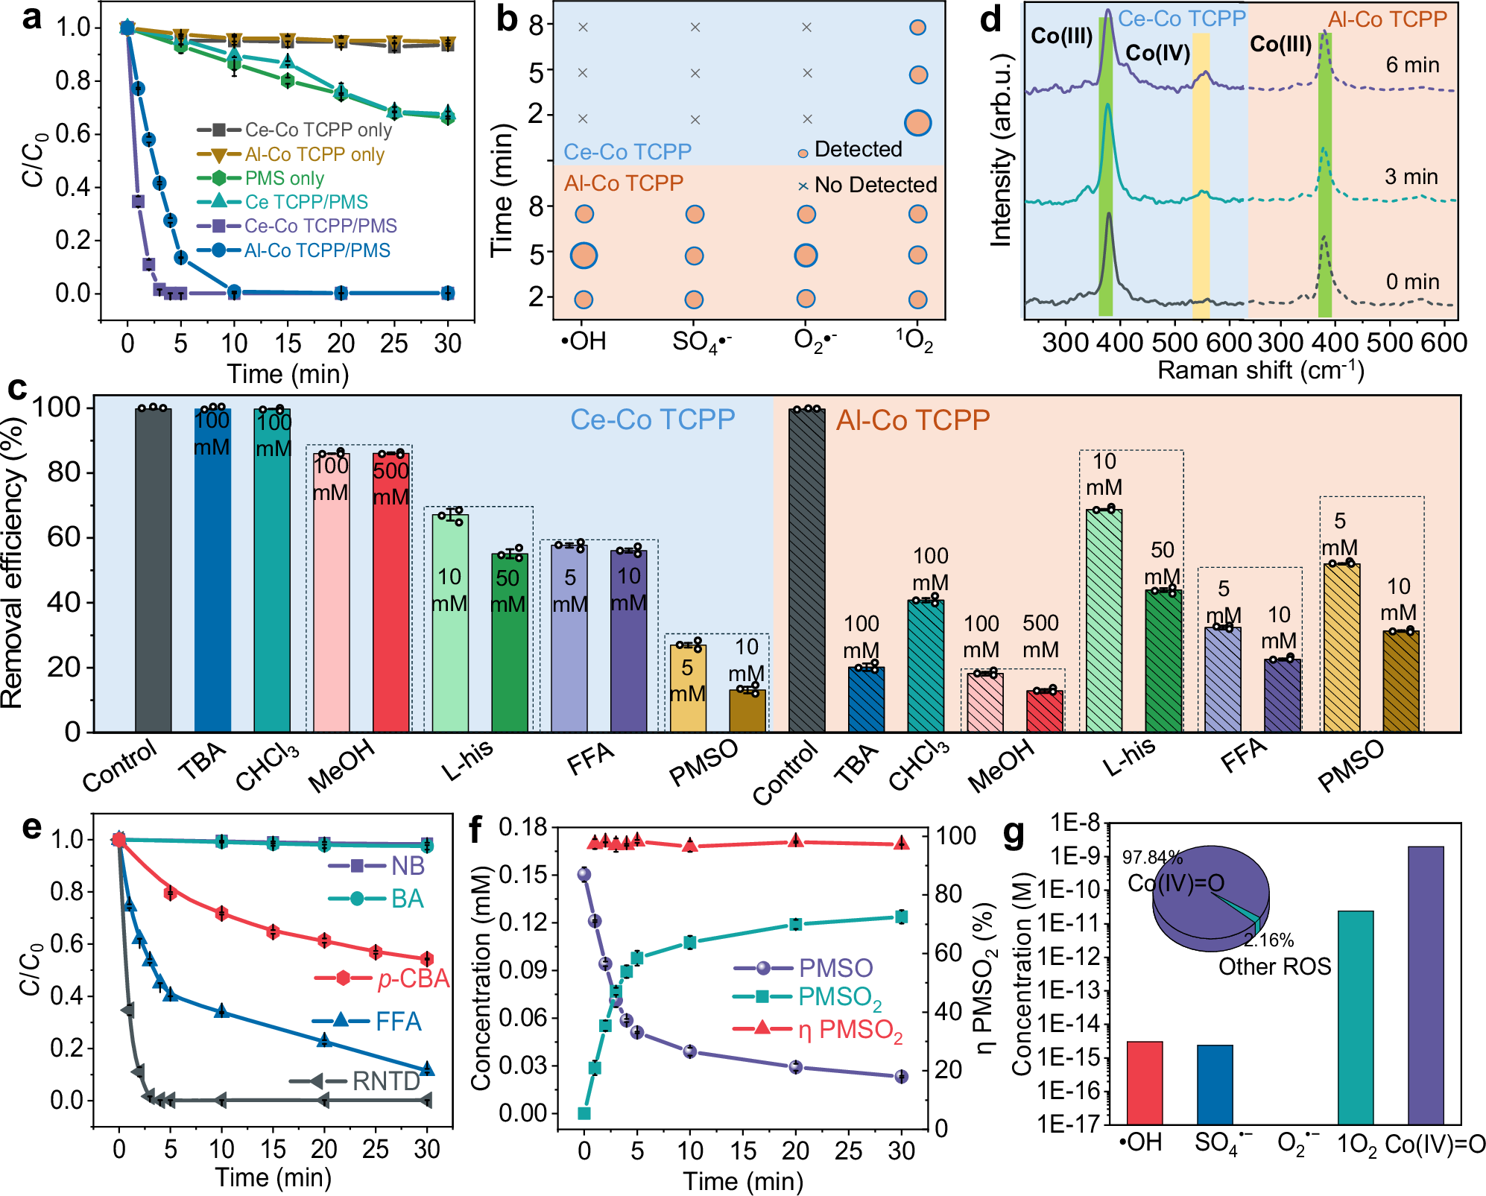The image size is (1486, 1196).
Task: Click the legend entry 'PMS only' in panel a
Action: click(x=284, y=179)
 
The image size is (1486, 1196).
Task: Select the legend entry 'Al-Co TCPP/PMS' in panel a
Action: click(x=317, y=250)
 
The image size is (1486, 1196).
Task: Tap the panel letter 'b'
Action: click(x=507, y=19)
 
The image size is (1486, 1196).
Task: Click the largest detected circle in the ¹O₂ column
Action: click(x=917, y=123)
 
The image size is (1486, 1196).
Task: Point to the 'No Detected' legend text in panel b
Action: click(x=875, y=185)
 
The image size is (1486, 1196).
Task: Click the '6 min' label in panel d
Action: click(x=1412, y=66)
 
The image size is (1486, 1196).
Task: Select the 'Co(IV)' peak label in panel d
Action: click(x=1157, y=53)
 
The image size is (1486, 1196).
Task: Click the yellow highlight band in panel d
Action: click(x=1201, y=186)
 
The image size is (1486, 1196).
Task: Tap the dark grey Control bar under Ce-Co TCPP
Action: click(x=154, y=570)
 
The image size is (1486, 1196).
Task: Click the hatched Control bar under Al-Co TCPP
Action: click(x=807, y=570)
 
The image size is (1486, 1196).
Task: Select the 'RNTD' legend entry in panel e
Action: click(x=385, y=1080)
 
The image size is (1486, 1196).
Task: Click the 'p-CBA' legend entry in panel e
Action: click(x=413, y=978)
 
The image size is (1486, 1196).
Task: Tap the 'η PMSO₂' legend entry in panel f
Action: click(x=850, y=1030)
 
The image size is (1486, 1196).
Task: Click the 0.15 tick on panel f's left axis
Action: click(x=523, y=874)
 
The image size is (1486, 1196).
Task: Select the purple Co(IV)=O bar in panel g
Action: click(x=1426, y=984)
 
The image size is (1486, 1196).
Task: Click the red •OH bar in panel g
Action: click(x=1145, y=1082)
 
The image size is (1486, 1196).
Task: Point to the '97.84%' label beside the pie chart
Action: click(x=1152, y=858)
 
